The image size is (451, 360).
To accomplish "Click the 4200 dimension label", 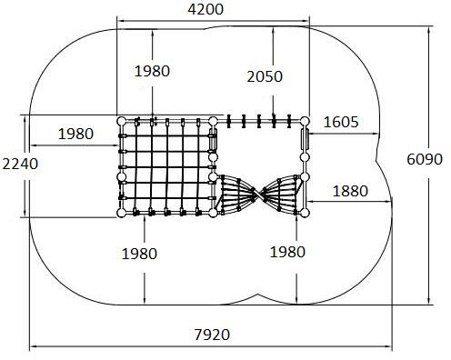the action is (205, 9).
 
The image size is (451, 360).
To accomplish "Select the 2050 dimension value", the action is (265, 76).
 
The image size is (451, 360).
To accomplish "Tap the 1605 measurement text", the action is (341, 122).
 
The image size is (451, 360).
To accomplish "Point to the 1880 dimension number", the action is (350, 191).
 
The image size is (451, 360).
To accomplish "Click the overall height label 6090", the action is (425, 159).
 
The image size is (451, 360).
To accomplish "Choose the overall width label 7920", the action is (212, 335).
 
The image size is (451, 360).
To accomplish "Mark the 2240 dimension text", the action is (20, 165).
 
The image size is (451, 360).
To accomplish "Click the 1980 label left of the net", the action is (75, 134).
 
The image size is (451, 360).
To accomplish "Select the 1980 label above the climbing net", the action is (152, 71).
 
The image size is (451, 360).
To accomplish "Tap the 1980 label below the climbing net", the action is (139, 254).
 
